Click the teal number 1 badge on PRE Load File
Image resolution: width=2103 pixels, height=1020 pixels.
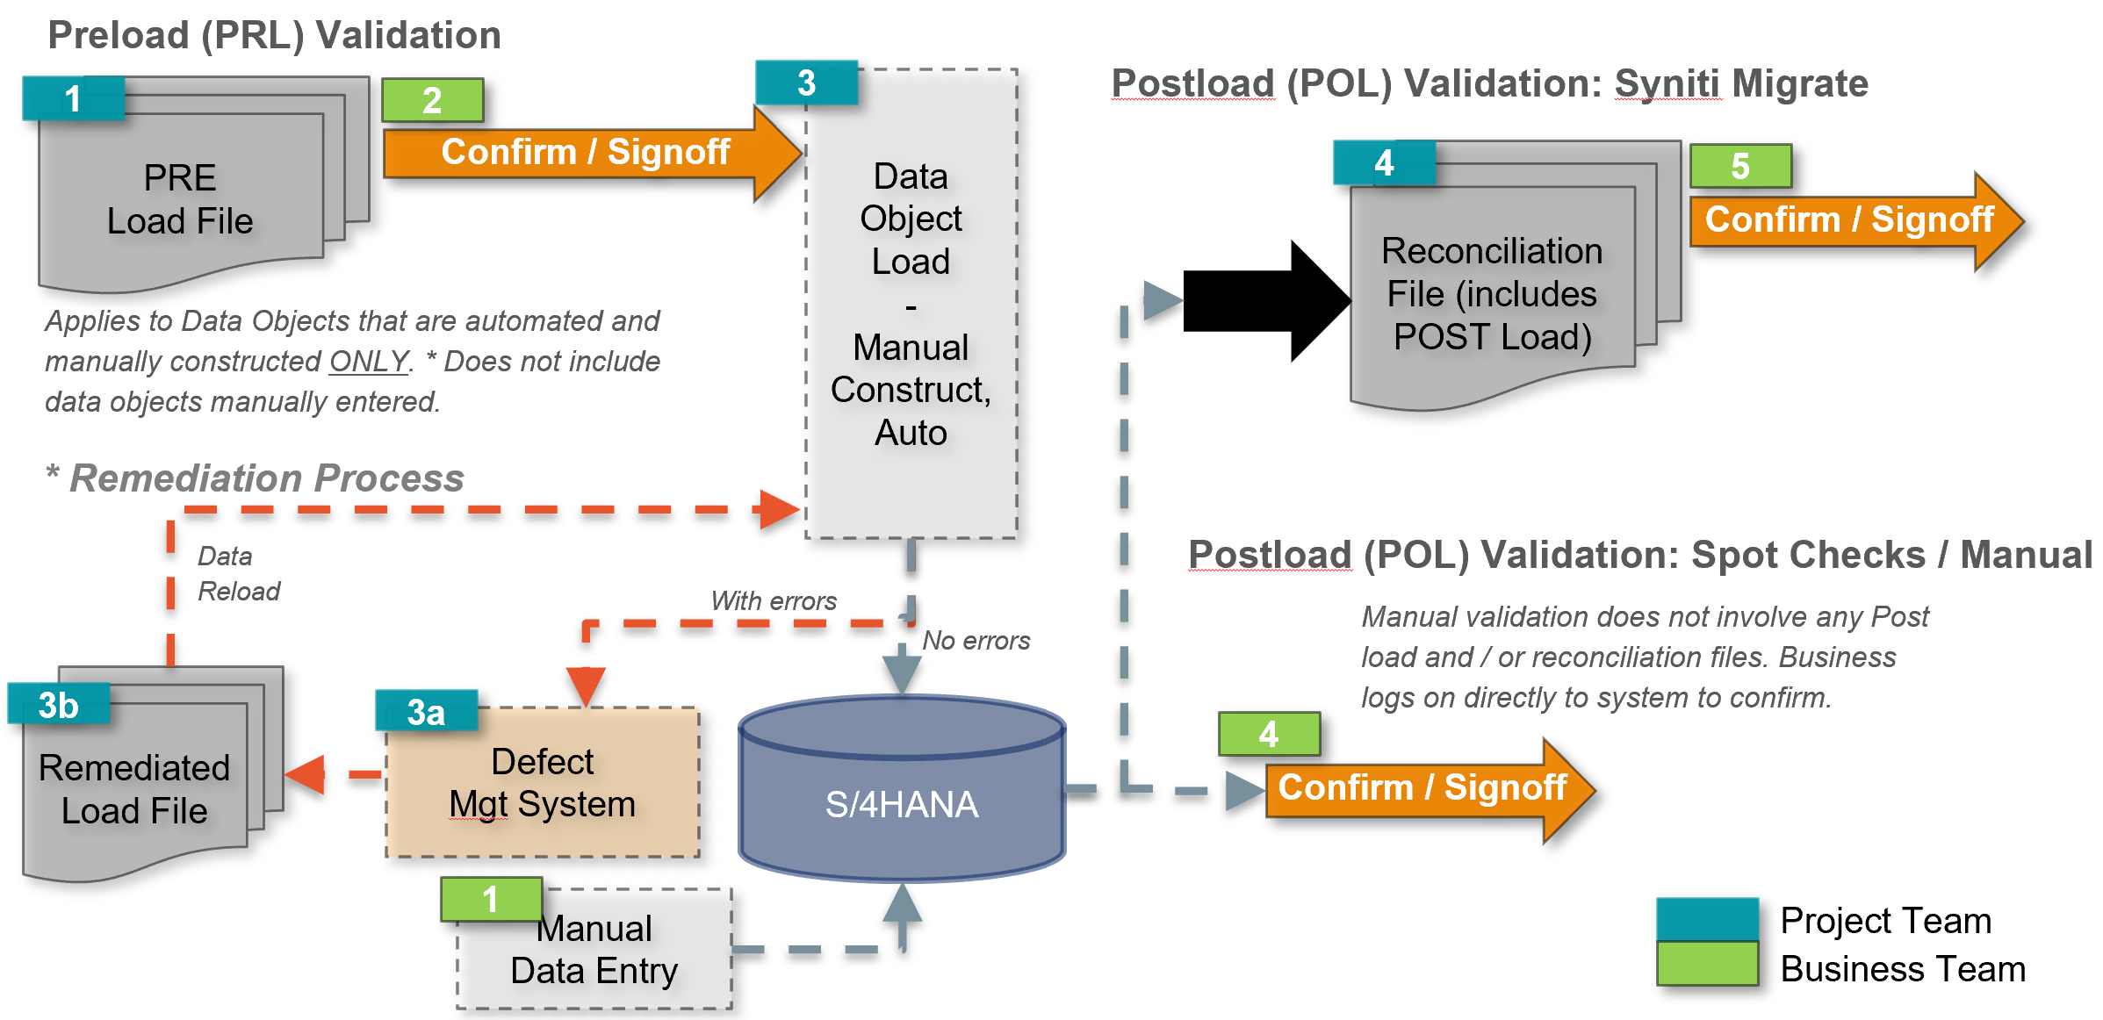point(73,98)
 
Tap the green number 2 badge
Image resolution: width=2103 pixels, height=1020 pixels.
point(432,100)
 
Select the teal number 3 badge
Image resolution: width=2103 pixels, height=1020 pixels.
point(806,83)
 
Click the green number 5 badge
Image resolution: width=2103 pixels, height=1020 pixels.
point(1740,166)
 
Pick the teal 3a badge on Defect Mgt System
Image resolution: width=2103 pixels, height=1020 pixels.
point(427,712)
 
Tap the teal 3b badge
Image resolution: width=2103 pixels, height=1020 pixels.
point(59,705)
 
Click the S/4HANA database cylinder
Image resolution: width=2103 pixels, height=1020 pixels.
point(902,790)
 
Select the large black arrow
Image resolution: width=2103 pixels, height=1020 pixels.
point(1264,300)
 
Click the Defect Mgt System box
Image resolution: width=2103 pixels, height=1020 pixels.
point(543,783)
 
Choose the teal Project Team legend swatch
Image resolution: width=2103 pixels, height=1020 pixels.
point(1707,919)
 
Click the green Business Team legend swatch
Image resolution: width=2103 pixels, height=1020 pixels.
point(1707,964)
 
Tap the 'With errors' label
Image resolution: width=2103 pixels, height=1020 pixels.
point(773,601)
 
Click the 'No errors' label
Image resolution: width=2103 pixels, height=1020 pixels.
point(976,641)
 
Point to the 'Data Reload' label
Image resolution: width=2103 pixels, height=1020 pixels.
point(238,573)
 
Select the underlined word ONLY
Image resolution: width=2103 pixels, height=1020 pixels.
point(369,362)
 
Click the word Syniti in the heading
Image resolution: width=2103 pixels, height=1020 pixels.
point(1667,84)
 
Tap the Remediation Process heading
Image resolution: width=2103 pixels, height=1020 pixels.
point(266,478)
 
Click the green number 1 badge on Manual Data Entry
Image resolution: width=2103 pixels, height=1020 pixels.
point(491,900)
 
